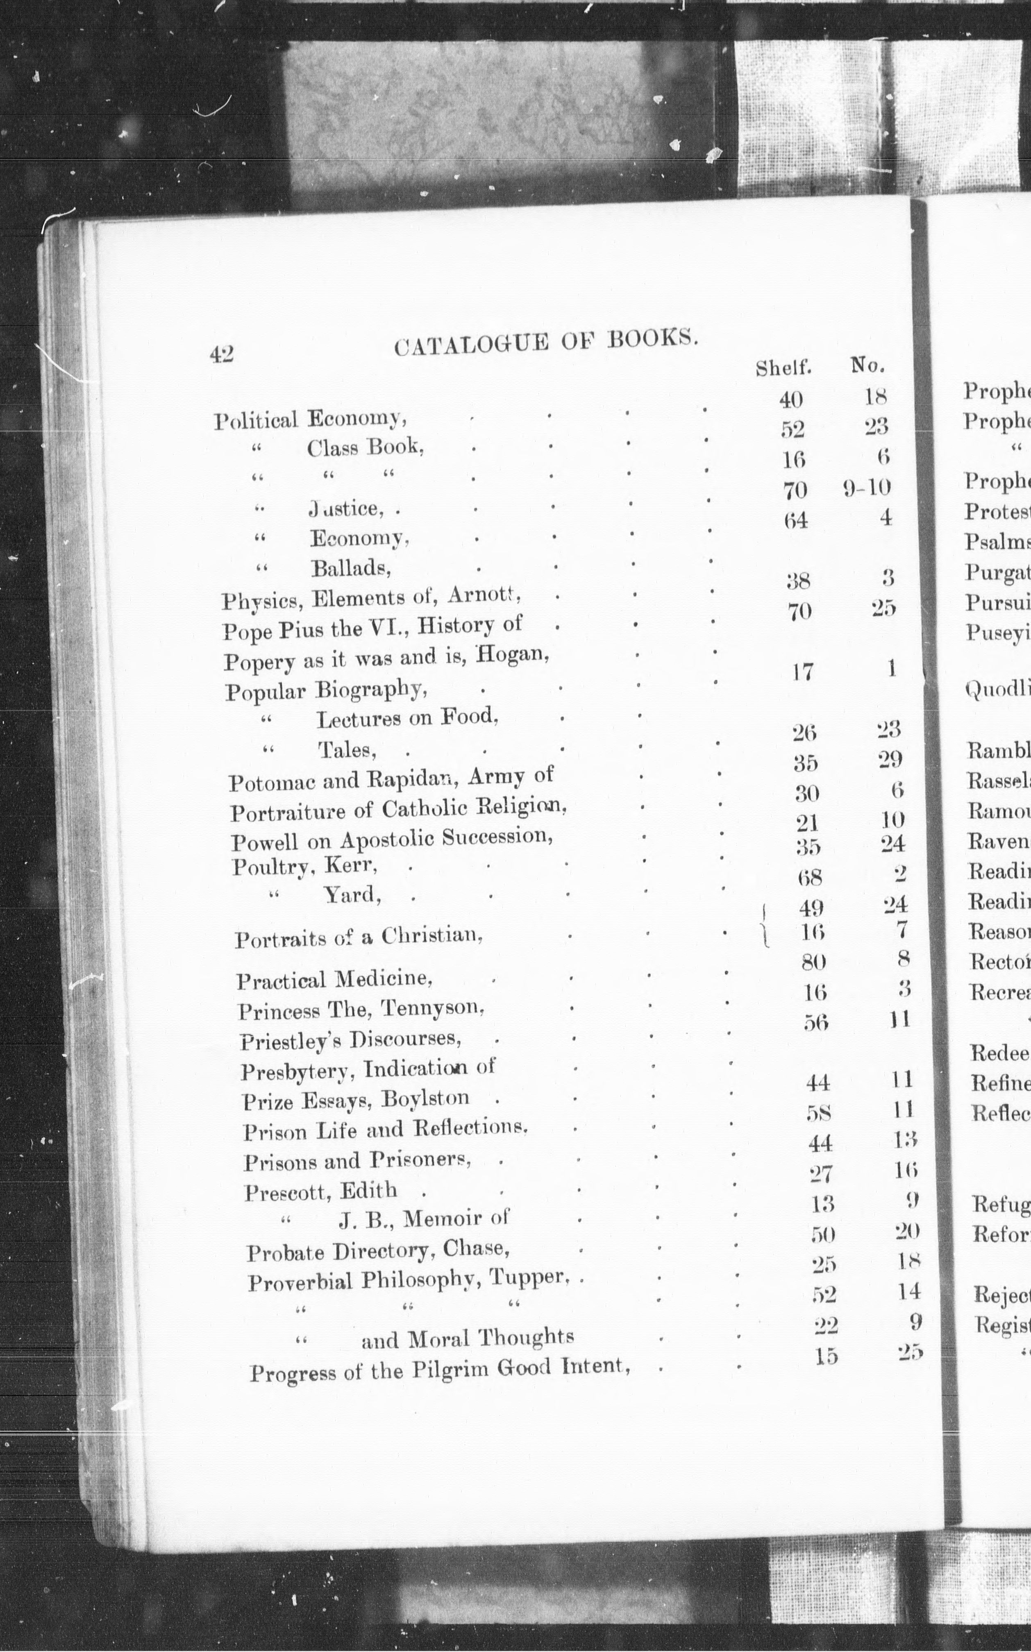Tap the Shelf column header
click(x=783, y=368)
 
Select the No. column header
click(x=867, y=366)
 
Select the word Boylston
click(x=425, y=1098)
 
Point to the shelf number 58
click(x=818, y=1113)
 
